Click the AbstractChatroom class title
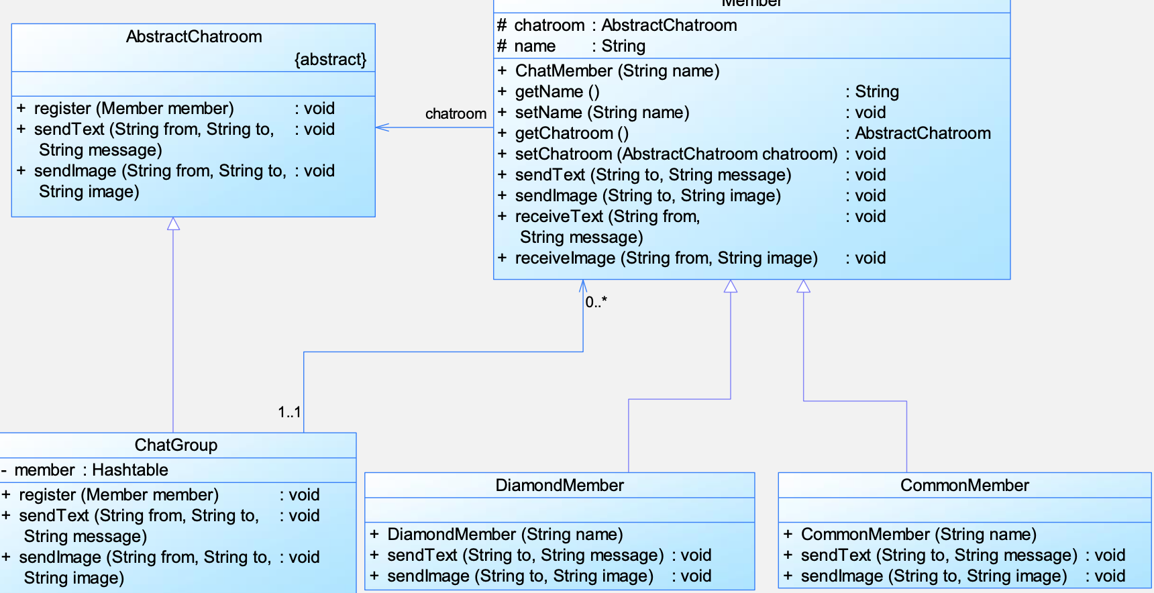pos(194,36)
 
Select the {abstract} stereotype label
pos(331,60)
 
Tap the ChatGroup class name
pos(176,445)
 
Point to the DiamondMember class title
pos(560,485)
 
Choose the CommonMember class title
pos(964,485)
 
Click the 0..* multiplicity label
pos(596,302)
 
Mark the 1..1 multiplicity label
pos(289,412)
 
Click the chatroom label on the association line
pos(456,113)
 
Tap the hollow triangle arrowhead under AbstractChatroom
pos(173,223)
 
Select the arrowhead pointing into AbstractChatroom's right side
pos(382,127)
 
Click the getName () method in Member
pos(558,92)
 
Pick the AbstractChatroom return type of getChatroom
pos(923,133)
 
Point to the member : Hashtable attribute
pos(91,470)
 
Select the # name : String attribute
pos(571,46)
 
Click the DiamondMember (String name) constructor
pos(505,534)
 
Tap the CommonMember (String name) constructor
pos(919,534)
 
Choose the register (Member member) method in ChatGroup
pos(119,494)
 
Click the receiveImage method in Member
pos(666,258)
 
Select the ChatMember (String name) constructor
pos(617,71)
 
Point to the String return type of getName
pos(877,92)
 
